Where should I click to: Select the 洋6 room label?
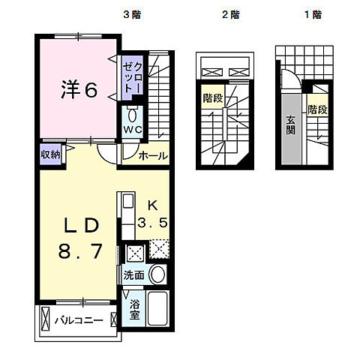[x=79, y=90]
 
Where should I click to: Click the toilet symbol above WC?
[x=133, y=115]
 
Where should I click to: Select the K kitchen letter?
[x=151, y=205]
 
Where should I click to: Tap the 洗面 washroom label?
[x=134, y=274]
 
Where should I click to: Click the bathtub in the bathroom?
[x=159, y=310]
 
